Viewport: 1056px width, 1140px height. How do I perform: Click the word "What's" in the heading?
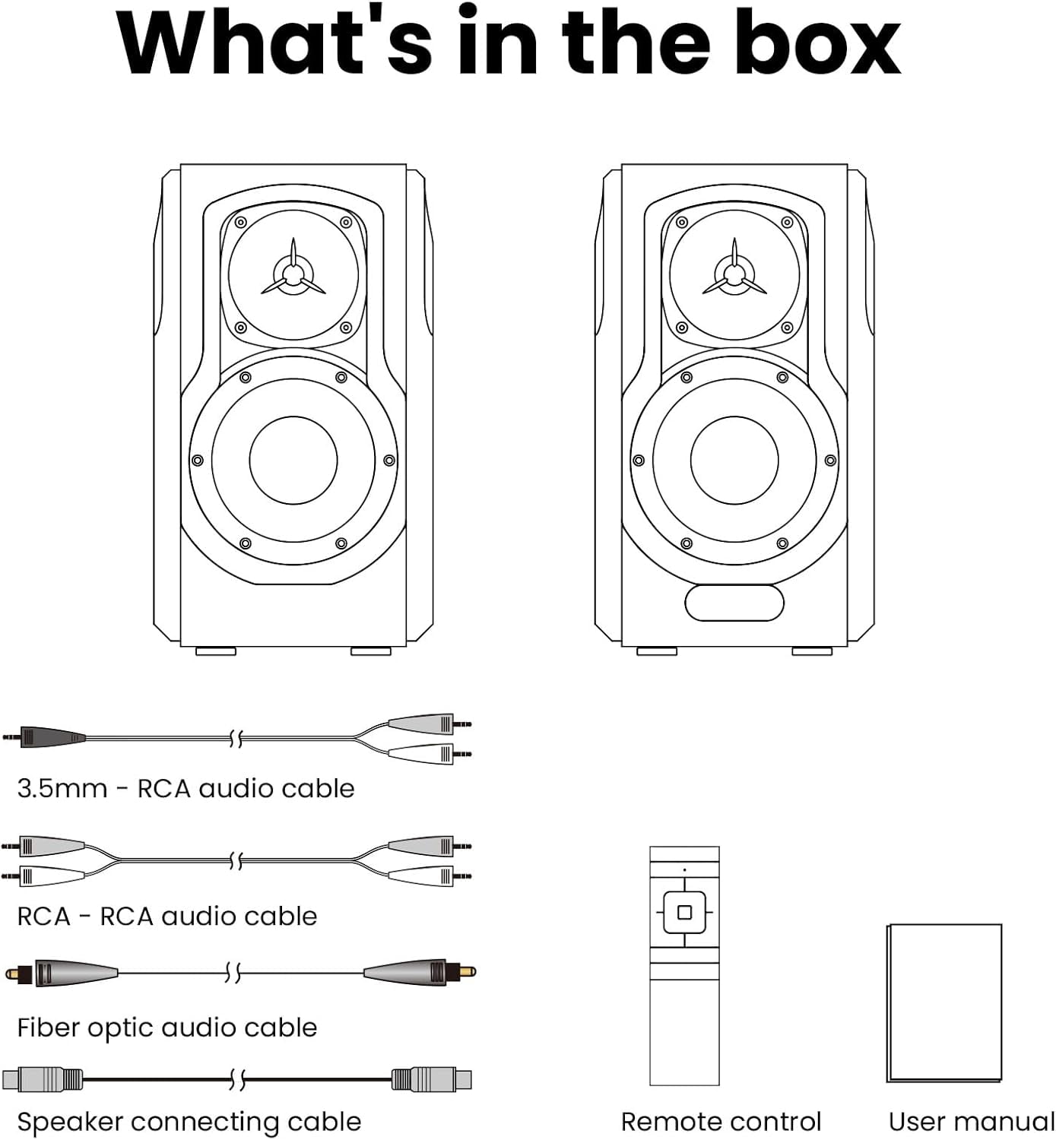274,41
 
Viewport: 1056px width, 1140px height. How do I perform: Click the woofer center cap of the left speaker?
293,461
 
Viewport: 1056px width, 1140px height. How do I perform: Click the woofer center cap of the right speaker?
734,461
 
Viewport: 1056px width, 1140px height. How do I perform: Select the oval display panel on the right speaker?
734,603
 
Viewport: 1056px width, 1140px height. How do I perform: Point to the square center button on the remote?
684,913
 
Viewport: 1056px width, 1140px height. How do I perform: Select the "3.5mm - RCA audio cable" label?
186,789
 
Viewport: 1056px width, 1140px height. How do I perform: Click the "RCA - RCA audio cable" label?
167,917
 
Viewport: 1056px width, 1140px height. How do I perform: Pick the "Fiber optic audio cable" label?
167,1028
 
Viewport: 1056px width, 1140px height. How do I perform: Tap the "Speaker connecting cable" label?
189,1122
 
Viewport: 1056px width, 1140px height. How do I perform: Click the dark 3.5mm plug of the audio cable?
45,737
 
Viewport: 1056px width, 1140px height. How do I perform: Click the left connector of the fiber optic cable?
62,973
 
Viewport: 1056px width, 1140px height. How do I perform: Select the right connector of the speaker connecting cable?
431,1080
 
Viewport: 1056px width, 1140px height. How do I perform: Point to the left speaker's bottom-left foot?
216,651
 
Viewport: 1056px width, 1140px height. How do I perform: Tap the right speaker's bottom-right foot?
812,651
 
